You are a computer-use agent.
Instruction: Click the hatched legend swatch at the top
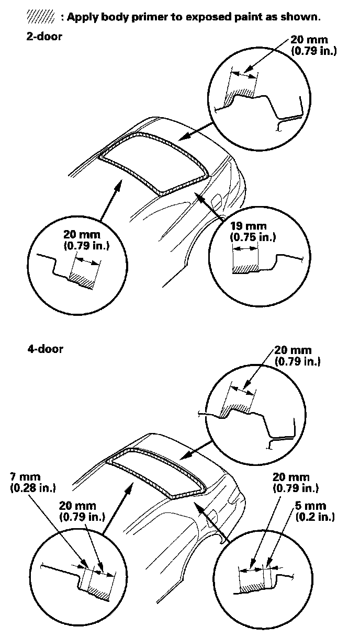point(40,17)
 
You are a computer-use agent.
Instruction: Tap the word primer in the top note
point(151,17)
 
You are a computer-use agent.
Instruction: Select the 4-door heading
point(45,349)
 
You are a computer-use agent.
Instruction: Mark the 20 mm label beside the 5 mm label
point(291,477)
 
